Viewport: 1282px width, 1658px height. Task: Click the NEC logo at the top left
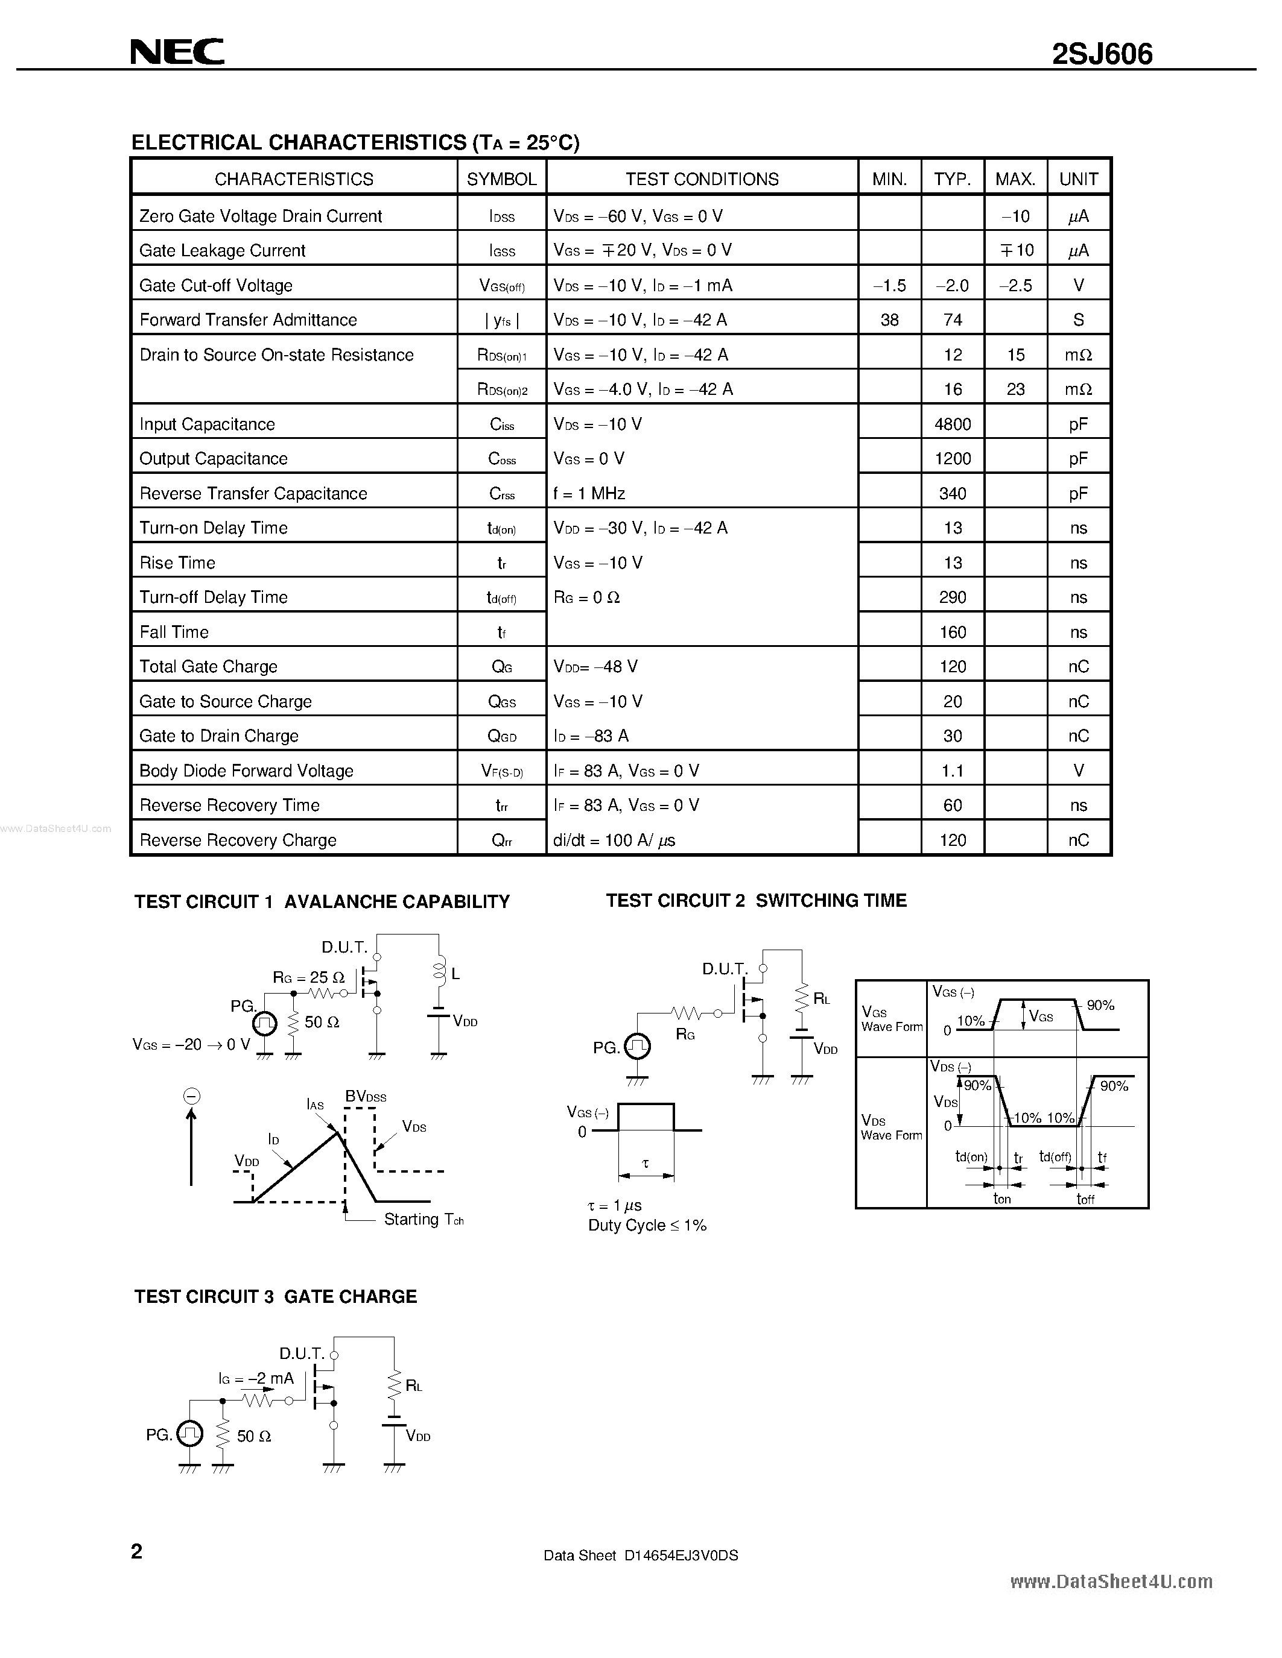[177, 52]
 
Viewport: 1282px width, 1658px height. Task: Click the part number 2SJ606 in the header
[1102, 53]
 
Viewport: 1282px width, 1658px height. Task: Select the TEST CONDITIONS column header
[702, 179]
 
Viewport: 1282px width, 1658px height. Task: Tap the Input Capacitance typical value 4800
[953, 424]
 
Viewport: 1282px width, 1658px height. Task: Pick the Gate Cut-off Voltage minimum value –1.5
[889, 285]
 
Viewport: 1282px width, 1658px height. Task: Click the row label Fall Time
[174, 632]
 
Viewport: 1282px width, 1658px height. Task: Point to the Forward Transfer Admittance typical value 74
[953, 320]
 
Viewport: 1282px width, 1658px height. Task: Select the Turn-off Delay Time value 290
[953, 597]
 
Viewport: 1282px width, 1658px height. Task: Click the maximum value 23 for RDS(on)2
[1015, 389]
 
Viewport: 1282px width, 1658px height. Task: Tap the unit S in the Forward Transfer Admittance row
[1079, 320]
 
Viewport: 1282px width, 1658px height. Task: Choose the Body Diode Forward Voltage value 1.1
[953, 771]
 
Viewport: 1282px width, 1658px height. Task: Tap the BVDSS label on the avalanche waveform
[366, 1096]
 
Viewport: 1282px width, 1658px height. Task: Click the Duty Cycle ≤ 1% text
[647, 1225]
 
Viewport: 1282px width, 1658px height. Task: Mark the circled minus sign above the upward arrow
[191, 1095]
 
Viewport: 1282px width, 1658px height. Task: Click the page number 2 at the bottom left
[137, 1551]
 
